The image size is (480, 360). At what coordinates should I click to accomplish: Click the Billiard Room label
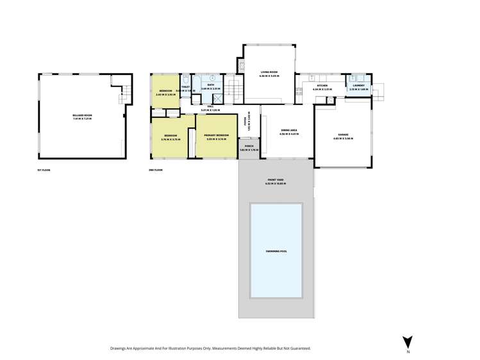click(82, 115)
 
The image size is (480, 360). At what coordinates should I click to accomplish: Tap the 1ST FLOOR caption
click(44, 170)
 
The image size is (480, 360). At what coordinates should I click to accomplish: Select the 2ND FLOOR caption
click(156, 170)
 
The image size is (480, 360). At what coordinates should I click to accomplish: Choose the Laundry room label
click(358, 85)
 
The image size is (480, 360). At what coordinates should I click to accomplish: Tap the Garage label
click(343, 135)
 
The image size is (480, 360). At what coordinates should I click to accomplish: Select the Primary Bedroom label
click(217, 135)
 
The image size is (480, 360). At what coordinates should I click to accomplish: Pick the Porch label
click(249, 146)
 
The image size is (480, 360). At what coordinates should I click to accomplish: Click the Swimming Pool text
click(276, 251)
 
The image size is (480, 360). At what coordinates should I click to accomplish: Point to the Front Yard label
click(276, 180)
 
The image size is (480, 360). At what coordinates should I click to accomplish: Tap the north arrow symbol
click(408, 342)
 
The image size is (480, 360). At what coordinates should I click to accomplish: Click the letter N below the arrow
click(408, 352)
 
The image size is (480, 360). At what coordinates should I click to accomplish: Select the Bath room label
click(211, 85)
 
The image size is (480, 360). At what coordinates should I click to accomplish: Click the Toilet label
click(185, 87)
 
